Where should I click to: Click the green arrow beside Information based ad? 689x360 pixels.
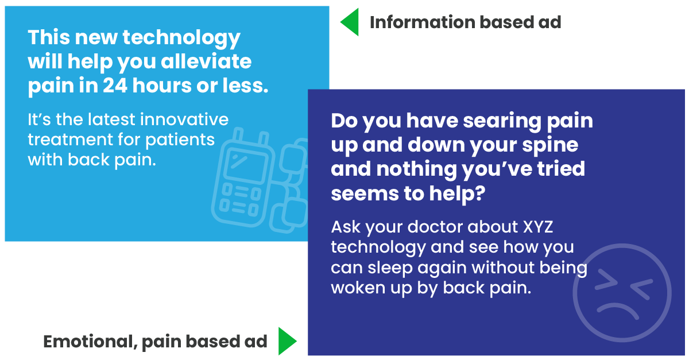(351, 22)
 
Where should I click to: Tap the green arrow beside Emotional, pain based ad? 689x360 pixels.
(286, 341)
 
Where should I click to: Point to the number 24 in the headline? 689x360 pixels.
(115, 85)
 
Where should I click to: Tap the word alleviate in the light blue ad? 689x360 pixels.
(206, 61)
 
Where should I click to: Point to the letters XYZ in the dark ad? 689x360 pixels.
(538, 227)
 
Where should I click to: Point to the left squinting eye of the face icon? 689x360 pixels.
(606, 280)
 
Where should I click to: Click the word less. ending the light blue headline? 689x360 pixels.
(246, 85)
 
